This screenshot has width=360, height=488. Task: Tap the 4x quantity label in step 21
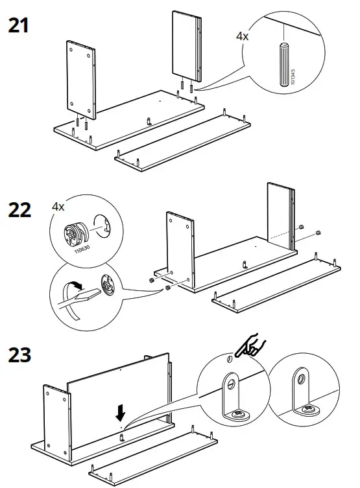tap(241, 37)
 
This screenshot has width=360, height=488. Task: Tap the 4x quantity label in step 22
tap(58, 207)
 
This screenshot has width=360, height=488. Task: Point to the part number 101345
tap(294, 78)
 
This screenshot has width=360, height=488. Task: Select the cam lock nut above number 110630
tap(76, 231)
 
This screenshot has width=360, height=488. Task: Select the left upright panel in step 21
tap(81, 79)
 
